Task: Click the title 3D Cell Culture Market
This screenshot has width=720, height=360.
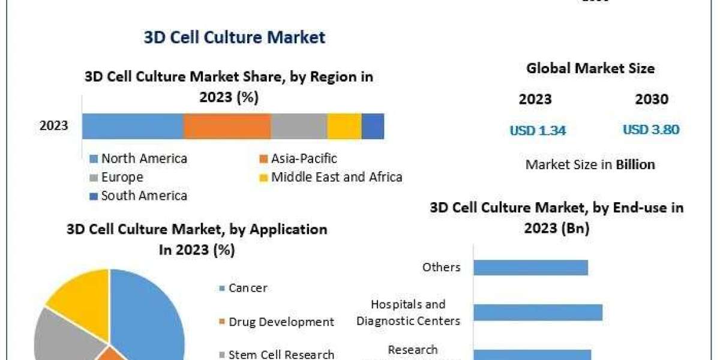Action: coord(234,37)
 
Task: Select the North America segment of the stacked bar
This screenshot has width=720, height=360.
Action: coord(132,126)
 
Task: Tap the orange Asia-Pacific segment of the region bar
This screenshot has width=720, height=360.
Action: coord(227,126)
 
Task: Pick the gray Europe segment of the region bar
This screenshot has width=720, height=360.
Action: coord(299,126)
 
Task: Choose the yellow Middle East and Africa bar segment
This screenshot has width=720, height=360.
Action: coord(344,126)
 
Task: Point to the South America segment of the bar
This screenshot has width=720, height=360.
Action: coord(373,126)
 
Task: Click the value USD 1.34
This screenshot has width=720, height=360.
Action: coord(538,130)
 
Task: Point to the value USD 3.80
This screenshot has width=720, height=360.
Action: coord(651,130)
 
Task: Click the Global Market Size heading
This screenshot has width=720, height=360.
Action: coord(590,68)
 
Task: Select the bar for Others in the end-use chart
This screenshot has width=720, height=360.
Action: coord(530,267)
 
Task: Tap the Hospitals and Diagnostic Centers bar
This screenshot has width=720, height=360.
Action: coord(538,313)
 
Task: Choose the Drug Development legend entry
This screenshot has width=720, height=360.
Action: coord(281,322)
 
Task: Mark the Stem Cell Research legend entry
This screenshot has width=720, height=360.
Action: coord(281,355)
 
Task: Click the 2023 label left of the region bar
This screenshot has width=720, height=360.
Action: coord(54,126)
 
